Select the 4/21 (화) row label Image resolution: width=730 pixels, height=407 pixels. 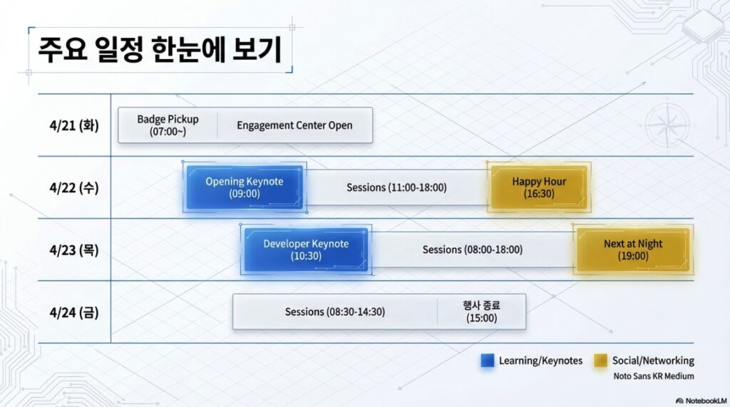[x=69, y=125]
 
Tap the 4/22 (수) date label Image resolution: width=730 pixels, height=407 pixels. [x=69, y=188]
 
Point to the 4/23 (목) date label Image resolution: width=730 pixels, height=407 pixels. [x=69, y=250]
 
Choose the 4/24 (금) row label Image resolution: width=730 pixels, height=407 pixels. [x=69, y=312]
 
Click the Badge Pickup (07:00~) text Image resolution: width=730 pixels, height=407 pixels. [x=168, y=125]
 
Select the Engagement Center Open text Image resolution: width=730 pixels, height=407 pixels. [x=294, y=125]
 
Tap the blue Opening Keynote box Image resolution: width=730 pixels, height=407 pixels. [x=245, y=187]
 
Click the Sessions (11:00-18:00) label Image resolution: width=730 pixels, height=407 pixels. [x=396, y=188]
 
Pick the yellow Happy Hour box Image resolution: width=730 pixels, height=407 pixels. [x=539, y=187]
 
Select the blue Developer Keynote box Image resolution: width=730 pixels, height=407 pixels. [x=306, y=249]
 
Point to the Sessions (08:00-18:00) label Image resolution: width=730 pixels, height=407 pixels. [x=472, y=250]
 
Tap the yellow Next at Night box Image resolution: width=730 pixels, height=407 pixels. [x=632, y=249]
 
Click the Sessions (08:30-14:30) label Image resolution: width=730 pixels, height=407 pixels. [x=334, y=312]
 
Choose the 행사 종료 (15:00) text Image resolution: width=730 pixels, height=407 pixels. [x=481, y=311]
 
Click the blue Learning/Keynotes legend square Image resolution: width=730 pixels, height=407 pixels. [x=488, y=361]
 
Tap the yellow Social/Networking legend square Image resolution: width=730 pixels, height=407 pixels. [x=601, y=361]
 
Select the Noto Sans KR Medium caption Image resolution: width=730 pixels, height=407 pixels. [x=653, y=376]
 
